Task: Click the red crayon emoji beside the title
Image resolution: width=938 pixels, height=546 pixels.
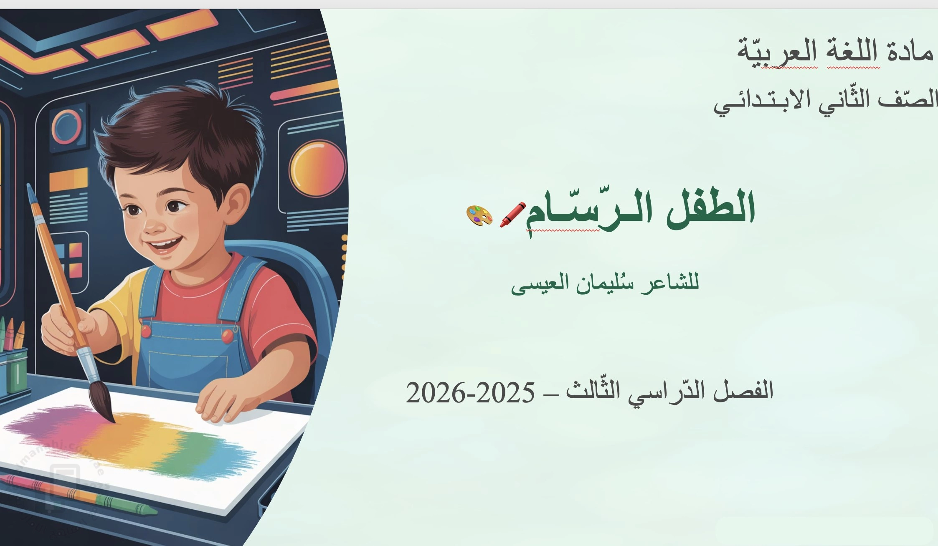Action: pos(513,215)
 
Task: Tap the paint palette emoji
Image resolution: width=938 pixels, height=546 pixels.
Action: pos(479,216)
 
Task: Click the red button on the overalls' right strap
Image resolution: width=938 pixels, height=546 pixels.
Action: pos(227,335)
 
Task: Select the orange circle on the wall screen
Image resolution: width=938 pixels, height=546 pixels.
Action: pos(318,168)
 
